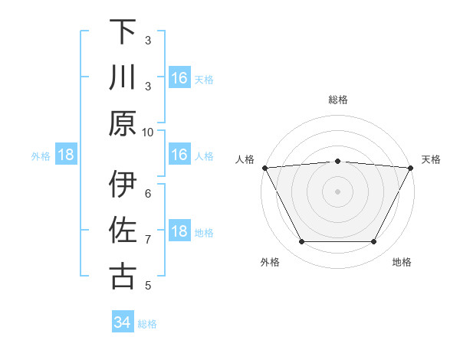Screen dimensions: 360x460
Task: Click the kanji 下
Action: click(x=123, y=32)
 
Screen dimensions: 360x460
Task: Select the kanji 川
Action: click(x=123, y=78)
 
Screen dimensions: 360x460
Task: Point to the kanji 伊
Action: click(x=123, y=185)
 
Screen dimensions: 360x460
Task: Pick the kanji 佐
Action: click(x=123, y=231)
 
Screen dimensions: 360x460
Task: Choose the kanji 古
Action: click(x=123, y=277)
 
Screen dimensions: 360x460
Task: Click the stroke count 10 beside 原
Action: click(x=148, y=132)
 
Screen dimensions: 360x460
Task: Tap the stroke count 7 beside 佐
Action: click(x=148, y=240)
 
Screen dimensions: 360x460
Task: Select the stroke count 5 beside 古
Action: click(x=148, y=286)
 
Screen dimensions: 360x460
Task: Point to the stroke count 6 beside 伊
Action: click(x=148, y=194)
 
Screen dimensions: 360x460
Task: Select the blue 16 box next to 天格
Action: click(x=179, y=78)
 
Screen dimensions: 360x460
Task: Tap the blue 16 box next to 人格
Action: click(x=179, y=155)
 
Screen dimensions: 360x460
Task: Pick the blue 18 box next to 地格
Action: click(x=179, y=232)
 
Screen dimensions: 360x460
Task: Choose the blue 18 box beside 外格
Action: click(x=66, y=155)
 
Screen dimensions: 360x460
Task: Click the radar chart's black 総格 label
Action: click(x=337, y=100)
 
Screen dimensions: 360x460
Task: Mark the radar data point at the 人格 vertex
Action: click(x=264, y=167)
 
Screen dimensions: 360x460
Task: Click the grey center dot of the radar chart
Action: click(x=337, y=191)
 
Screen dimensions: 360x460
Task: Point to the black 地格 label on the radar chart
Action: click(x=402, y=262)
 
